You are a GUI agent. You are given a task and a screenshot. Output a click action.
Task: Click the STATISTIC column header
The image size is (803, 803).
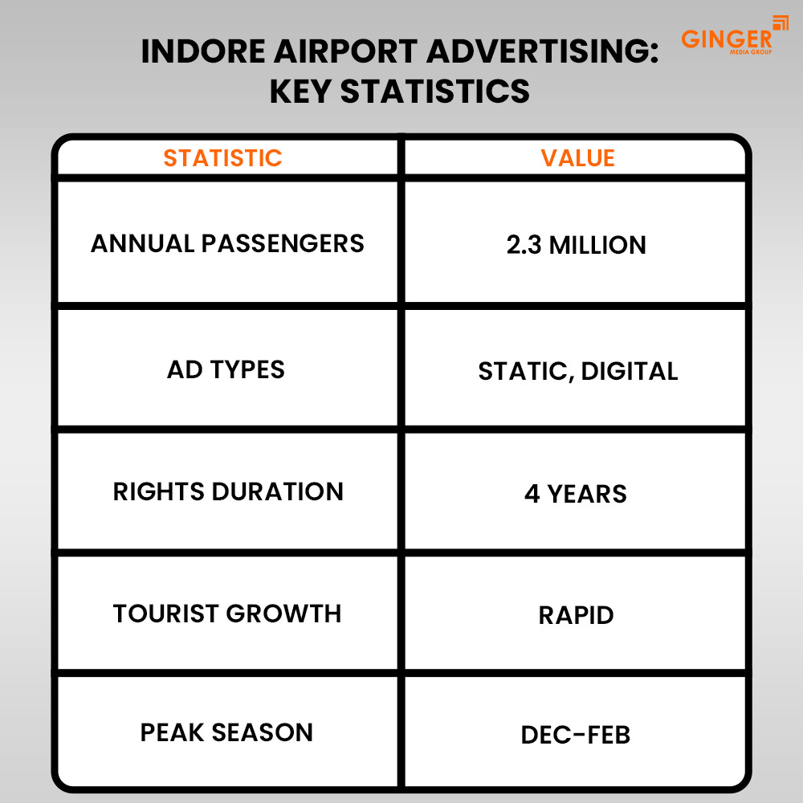coord(222,158)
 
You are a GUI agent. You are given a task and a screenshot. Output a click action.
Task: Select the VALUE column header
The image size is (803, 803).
coord(577,158)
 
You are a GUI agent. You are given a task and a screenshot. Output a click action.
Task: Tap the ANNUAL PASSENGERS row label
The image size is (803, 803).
coord(227,243)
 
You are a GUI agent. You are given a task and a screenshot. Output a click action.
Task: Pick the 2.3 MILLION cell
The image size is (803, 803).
coord(576,245)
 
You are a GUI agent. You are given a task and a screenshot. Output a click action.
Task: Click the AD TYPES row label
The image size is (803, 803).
coord(226,369)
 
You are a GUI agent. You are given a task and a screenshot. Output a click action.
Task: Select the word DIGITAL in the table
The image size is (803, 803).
coord(629,371)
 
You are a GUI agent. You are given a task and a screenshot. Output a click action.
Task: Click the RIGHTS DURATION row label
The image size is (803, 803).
coord(228,491)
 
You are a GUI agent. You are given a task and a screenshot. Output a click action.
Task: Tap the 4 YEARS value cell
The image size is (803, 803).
coord(576,493)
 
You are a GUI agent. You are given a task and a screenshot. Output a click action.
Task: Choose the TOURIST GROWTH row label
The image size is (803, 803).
coord(227,613)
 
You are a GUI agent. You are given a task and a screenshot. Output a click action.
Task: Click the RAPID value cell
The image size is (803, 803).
coord(576,615)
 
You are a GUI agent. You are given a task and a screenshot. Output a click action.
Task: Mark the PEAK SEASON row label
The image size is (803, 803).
coord(226,732)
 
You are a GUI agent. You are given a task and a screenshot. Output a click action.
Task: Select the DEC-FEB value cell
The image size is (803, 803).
coord(576,735)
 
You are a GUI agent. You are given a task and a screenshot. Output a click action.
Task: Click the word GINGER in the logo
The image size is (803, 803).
coord(726,39)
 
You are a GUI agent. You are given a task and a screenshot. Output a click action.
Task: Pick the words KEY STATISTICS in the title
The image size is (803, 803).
coord(399,91)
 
